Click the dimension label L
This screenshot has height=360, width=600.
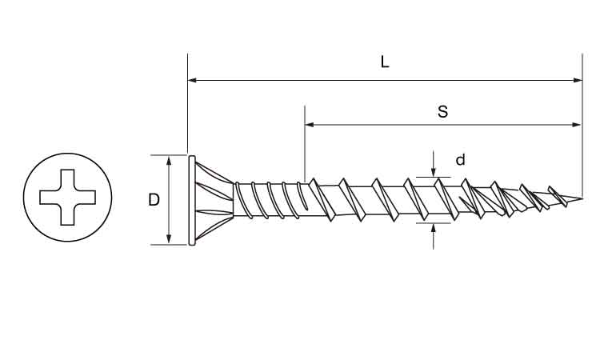coord(385,62)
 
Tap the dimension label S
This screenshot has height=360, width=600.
coord(442,112)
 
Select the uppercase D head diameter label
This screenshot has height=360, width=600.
coord(154,200)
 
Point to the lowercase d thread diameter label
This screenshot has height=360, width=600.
coord(461,159)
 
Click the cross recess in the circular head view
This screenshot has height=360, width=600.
coord(68,198)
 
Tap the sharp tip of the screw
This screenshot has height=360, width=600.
coord(582,198)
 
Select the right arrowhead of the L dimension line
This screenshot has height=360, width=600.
coord(578,80)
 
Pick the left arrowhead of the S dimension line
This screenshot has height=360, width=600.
coord(310,124)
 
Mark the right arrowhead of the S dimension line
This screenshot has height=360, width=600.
coord(576,124)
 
